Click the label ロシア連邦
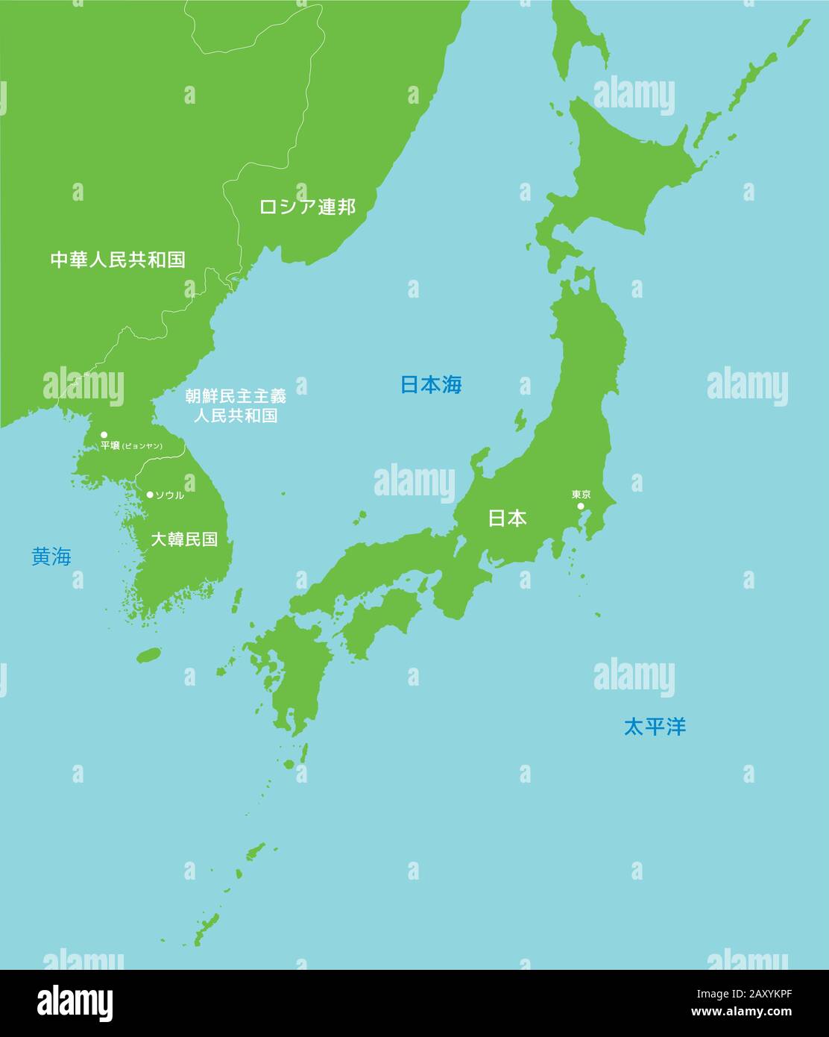pyautogui.click(x=307, y=207)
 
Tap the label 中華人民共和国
pyautogui.click(x=118, y=260)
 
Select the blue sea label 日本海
pyautogui.click(x=431, y=385)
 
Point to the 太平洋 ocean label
pyautogui.click(x=655, y=727)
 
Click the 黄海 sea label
pyautogui.click(x=51, y=557)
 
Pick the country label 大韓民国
pyautogui.click(x=184, y=539)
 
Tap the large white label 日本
pyautogui.click(x=507, y=518)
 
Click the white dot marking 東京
pyautogui.click(x=581, y=507)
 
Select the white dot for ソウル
pyautogui.click(x=150, y=495)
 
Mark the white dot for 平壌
pyautogui.click(x=104, y=434)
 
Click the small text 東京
pyautogui.click(x=581, y=495)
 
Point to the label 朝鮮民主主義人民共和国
pyautogui.click(x=236, y=405)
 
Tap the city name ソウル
pyautogui.click(x=169, y=495)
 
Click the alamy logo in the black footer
pyautogui.click(x=75, y=1003)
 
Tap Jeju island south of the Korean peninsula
pyautogui.click(x=149, y=655)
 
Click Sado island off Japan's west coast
pyautogui.click(x=519, y=420)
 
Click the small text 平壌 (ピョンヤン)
pyautogui.click(x=131, y=446)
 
